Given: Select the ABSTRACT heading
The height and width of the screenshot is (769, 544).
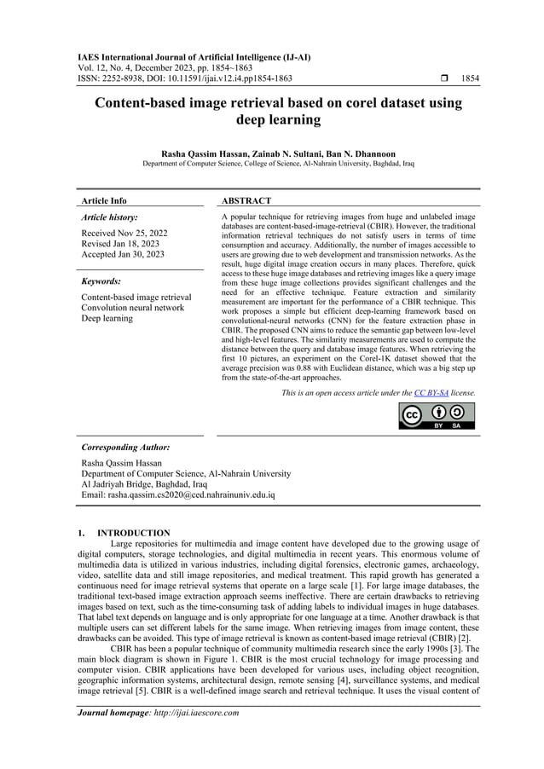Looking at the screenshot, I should [x=246, y=201].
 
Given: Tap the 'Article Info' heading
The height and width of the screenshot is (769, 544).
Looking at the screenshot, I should [x=104, y=201].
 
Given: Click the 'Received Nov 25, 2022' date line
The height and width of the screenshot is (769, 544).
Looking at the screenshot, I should [x=124, y=233].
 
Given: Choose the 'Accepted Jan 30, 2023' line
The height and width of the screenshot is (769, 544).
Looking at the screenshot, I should [x=124, y=255].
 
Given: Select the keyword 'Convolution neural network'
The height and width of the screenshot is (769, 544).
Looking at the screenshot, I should [x=132, y=308].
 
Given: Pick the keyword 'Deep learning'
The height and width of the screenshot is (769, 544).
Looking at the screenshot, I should [x=107, y=319].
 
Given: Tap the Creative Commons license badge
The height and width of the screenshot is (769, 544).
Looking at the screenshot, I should [x=437, y=415].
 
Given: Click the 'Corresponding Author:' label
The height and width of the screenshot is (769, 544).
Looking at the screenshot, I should [x=124, y=447].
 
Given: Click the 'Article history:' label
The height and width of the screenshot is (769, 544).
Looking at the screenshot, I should [x=109, y=218].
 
